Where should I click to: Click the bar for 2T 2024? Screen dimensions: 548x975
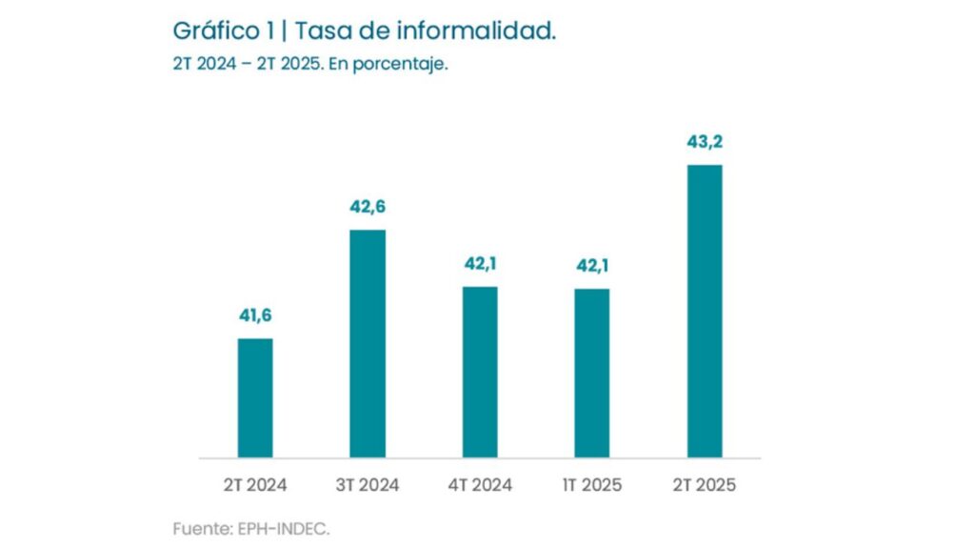(x=255, y=397)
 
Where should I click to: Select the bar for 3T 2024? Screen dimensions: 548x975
(x=368, y=343)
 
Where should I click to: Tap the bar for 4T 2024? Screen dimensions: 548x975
(x=480, y=372)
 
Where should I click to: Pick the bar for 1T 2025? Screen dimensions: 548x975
(x=592, y=373)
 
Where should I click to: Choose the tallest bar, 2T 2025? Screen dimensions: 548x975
(x=705, y=311)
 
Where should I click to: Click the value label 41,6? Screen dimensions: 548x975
(x=255, y=315)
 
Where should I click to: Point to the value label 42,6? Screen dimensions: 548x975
(x=368, y=207)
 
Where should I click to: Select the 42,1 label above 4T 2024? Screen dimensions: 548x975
(x=480, y=264)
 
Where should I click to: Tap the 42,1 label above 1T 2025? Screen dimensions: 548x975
(x=592, y=266)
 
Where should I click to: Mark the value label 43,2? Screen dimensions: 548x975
(x=705, y=142)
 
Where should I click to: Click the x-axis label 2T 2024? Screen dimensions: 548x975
(x=255, y=485)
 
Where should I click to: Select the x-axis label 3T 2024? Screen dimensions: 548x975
(x=368, y=485)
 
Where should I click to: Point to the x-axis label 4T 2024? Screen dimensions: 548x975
(x=480, y=485)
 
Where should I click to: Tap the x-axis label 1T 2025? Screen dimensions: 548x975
(x=592, y=485)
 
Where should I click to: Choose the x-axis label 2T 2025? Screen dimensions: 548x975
(x=705, y=485)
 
